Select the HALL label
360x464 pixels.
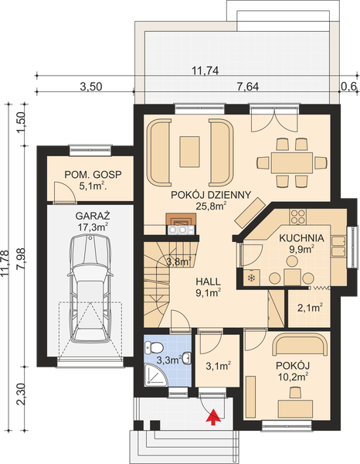206,280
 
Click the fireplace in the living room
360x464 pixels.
181,223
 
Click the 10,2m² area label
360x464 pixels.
293,376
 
